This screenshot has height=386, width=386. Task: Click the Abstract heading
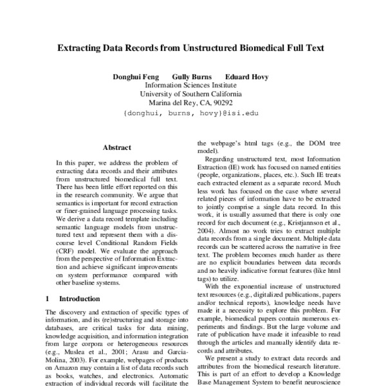click(116, 147)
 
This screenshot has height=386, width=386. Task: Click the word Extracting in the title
click(79, 48)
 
